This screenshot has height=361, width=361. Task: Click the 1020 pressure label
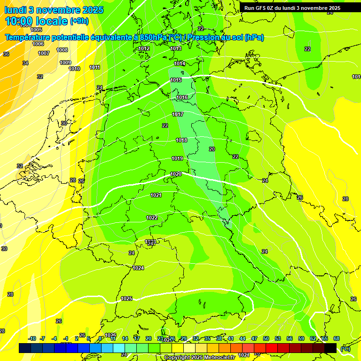tap(176, 174)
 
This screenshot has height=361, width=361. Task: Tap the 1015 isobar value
tap(176, 80)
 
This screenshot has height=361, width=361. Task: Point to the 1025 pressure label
tap(126, 298)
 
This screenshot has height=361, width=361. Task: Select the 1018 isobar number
tap(181, 140)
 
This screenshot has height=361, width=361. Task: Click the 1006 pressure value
tap(38, 44)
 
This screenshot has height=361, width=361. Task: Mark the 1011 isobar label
tap(94, 67)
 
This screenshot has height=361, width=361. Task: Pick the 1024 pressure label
tap(138, 268)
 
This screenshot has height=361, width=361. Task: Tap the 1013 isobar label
tap(176, 48)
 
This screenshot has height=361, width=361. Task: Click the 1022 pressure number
tap(152, 218)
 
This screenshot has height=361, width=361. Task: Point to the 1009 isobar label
tap(65, 63)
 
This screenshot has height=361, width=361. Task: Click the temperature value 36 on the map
tap(6, 54)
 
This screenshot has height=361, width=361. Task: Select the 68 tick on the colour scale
tap(337, 338)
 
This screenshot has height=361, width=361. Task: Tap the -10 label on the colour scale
tap(32, 338)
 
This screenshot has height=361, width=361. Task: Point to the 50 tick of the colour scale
tap(266, 338)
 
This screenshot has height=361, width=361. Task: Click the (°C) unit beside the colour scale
tap(345, 349)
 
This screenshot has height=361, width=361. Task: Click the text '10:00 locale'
tap(36, 21)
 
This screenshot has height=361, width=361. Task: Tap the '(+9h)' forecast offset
tap(78, 21)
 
